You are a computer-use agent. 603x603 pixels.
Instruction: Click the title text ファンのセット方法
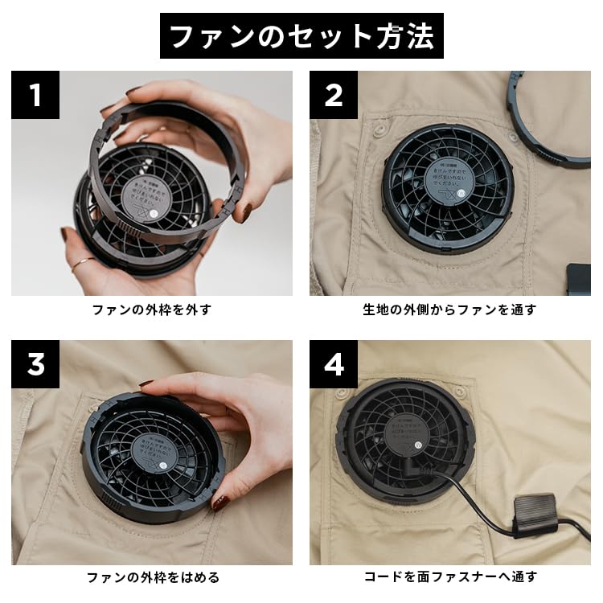301,36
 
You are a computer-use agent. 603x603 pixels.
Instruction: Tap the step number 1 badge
35,95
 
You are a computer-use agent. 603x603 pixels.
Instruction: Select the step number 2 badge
334,95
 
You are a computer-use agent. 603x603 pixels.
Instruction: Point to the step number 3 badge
35,364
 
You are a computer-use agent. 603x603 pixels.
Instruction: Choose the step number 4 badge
334,364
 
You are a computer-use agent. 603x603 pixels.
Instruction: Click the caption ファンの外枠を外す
151,310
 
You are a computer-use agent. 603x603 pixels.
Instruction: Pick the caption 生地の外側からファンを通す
449,310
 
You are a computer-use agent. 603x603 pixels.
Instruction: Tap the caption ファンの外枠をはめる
151,577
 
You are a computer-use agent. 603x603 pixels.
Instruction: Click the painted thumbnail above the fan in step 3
147,386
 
